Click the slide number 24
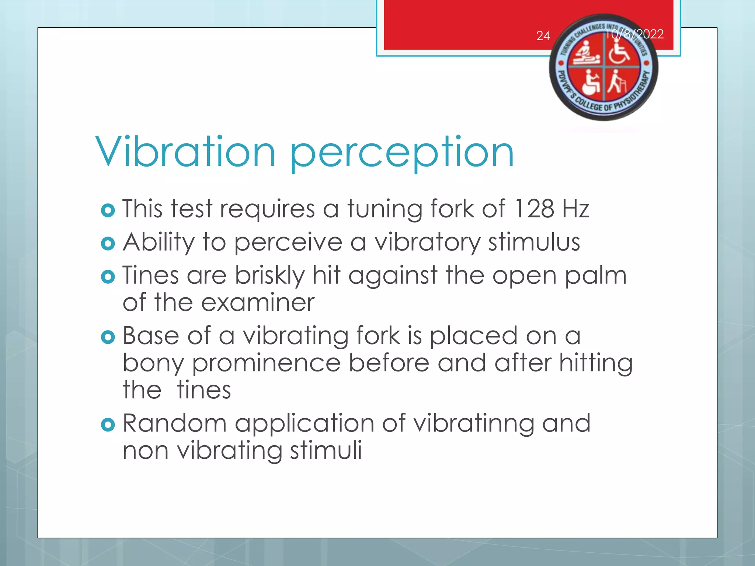coord(543,36)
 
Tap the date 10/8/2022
coord(635,34)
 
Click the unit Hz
coord(576,209)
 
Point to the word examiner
coord(258,303)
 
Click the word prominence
coord(266,364)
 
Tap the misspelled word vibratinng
coord(473,424)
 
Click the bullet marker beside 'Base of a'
coord(108,337)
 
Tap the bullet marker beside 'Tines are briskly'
coord(108,277)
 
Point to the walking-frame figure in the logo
coord(617,82)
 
